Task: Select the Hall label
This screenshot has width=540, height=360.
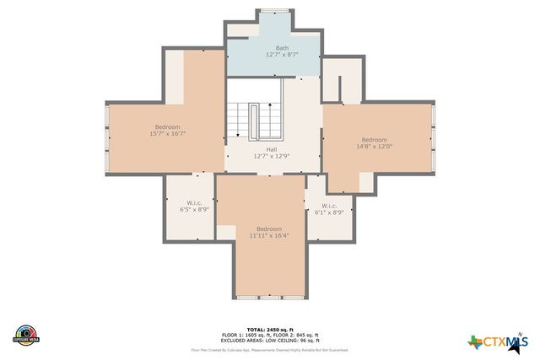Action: point(272,149)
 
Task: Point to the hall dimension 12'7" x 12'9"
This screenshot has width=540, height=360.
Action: point(272,156)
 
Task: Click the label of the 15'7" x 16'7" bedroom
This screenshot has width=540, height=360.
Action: point(167,126)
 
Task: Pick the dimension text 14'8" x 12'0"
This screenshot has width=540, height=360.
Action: point(375,146)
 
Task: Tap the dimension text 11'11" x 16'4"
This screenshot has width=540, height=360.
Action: point(269,236)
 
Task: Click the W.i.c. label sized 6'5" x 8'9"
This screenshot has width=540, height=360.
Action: point(193,203)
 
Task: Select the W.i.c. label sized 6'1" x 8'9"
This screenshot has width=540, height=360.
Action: point(328,206)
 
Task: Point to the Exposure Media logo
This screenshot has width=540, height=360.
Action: point(26,334)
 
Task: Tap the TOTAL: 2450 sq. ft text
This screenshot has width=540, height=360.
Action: point(270,329)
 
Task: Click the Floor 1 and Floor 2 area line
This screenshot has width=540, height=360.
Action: point(270,334)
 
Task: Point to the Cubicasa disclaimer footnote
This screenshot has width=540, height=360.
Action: point(270,349)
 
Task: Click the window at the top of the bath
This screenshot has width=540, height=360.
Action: point(272,10)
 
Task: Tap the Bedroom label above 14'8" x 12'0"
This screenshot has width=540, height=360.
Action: point(375,139)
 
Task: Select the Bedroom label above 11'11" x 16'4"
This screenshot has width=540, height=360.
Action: point(269,229)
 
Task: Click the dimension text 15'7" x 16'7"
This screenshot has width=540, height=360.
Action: point(167,133)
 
